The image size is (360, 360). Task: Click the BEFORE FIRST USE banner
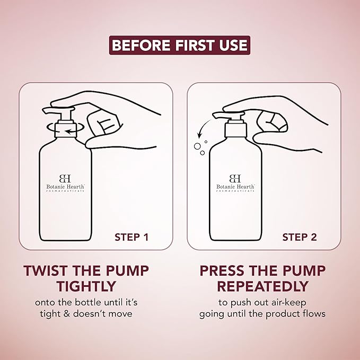tap(180, 45)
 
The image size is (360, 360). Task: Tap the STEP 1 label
tap(131, 238)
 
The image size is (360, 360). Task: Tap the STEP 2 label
tap(300, 238)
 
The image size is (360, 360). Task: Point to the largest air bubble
tap(197, 146)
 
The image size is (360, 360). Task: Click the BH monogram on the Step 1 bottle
tap(65, 178)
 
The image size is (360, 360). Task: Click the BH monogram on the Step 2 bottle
tap(235, 178)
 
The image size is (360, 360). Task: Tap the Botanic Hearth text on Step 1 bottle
tap(65, 187)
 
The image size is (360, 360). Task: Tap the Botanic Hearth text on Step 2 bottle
tap(235, 187)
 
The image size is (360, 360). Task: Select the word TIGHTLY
tap(86, 286)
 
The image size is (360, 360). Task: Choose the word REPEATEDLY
tap(262, 286)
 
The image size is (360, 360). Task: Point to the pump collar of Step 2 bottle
tap(236, 130)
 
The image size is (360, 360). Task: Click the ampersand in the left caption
tap(67, 314)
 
